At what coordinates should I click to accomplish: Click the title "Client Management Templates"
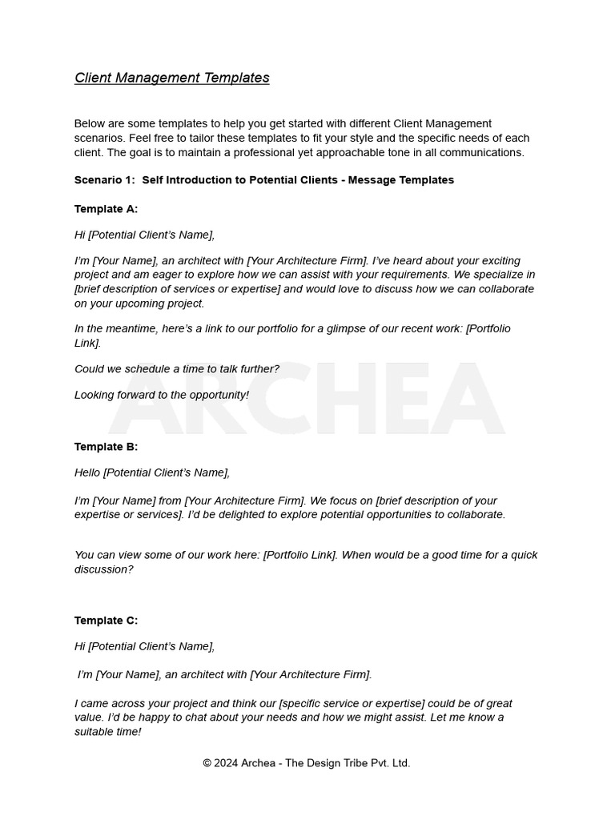click(171, 78)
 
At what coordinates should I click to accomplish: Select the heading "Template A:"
click(106, 209)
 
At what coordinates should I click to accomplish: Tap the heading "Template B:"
click(106, 447)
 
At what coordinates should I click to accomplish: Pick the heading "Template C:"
click(106, 621)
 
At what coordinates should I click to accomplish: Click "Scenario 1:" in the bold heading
click(105, 180)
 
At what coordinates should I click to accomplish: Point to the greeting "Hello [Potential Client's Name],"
click(152, 472)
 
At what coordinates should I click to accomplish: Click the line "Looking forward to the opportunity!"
click(162, 395)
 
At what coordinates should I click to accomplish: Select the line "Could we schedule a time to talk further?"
click(177, 369)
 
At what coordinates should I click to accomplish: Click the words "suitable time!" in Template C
click(107, 732)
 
